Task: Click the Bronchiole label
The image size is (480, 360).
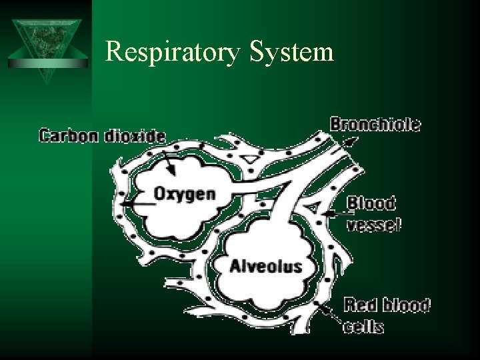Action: [375, 124]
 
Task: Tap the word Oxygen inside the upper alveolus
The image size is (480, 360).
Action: [185, 194]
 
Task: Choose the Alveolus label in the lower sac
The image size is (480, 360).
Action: [265, 267]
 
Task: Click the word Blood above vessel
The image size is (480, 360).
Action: [371, 201]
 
